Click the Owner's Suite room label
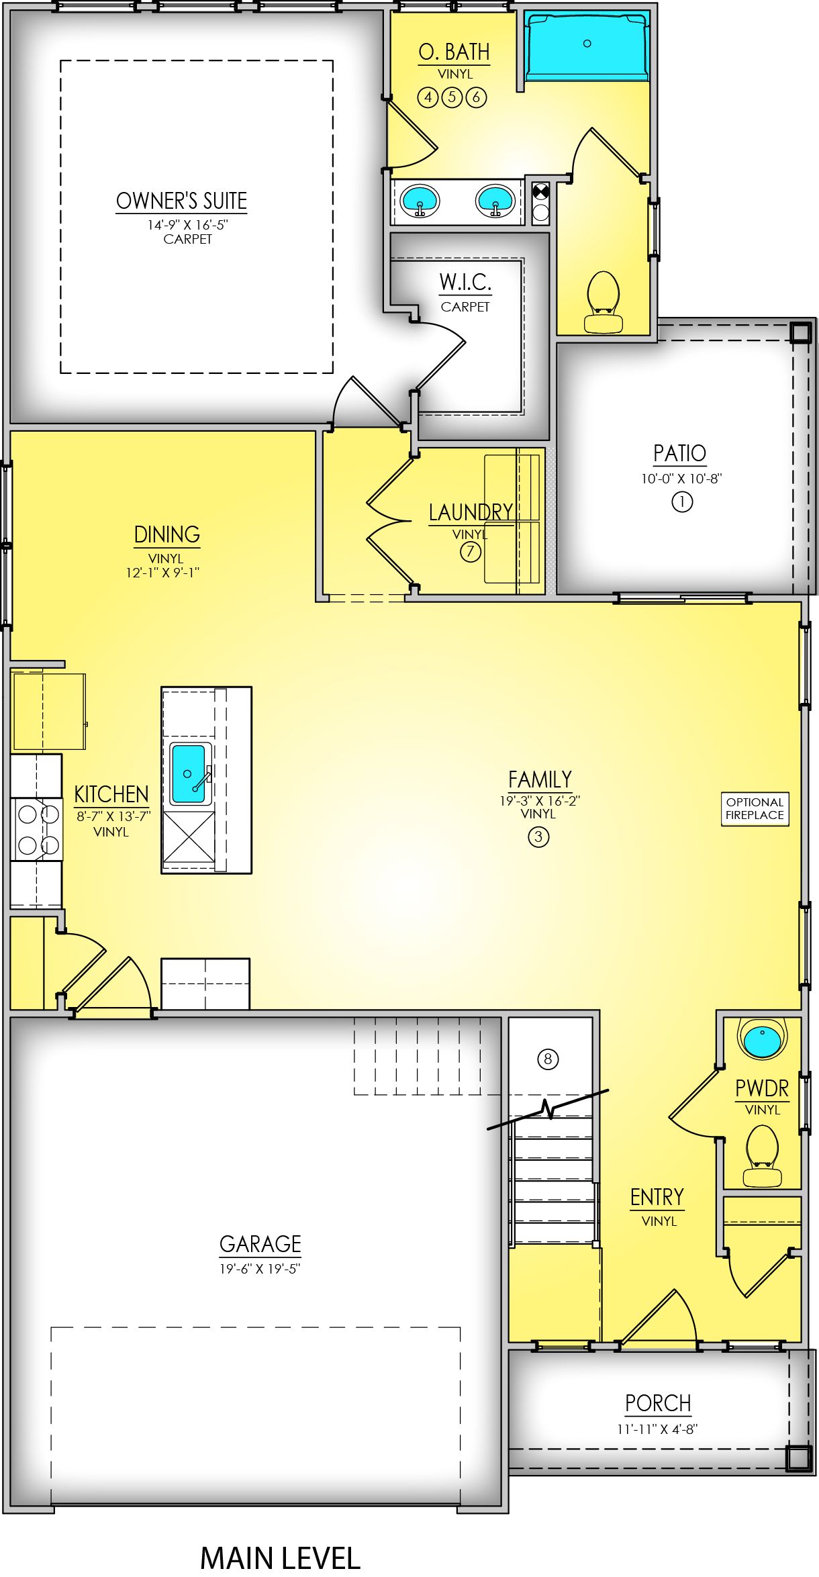181,201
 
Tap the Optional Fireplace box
755,808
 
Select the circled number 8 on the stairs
548,1059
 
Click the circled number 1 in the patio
682,501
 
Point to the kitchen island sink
189,774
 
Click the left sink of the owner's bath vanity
420,201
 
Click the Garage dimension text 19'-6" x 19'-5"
260,1268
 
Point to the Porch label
658,1402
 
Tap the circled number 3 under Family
538,837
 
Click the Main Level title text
281,1557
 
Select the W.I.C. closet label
465,283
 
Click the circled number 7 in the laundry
470,552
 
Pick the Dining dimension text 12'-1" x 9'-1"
163,573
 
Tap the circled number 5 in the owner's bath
452,97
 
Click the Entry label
657,1196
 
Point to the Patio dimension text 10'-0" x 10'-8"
681,479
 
